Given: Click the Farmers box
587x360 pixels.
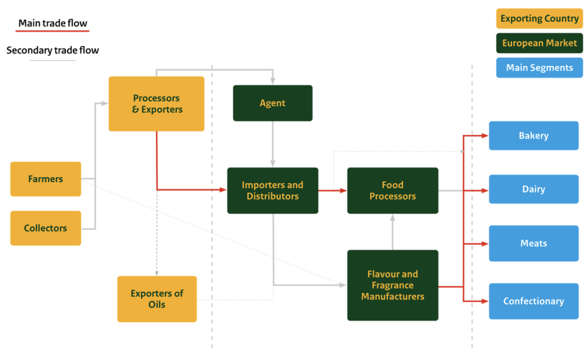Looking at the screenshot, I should point(46,179).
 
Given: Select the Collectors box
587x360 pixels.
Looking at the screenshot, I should point(46,228).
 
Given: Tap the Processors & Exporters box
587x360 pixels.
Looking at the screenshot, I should point(156,104).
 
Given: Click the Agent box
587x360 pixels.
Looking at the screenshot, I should point(272,103).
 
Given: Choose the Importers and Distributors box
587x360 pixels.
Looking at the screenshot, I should point(272,190).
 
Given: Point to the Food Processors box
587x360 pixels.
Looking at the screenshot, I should point(393,190).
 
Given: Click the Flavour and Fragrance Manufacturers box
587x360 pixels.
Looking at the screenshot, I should point(393,285).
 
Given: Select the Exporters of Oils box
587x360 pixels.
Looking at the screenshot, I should point(156,299).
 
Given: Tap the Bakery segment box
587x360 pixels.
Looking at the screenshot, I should point(533,136).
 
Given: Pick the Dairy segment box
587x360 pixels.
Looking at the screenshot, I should point(533,189).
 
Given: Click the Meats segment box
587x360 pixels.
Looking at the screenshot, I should point(533,243).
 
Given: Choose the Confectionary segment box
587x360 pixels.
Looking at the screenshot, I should point(533,301).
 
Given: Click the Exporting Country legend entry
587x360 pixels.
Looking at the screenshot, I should point(539,18).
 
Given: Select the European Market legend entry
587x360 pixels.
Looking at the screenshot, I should point(539,43).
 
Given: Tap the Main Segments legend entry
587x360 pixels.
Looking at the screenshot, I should point(539,68).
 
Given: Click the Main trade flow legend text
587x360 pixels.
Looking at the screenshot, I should point(53,24).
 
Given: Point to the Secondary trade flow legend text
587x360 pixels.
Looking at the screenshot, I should point(53,50).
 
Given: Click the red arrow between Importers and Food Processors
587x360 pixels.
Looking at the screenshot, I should point(332,190).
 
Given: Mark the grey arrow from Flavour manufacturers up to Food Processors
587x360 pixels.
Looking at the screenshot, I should point(393,232).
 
